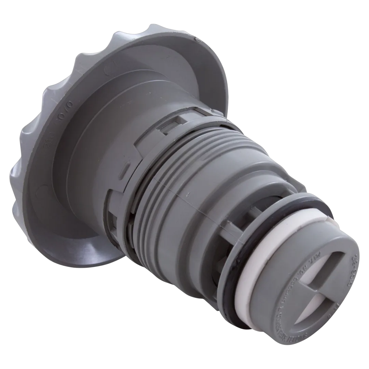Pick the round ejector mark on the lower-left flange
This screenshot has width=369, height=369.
[x=43, y=188]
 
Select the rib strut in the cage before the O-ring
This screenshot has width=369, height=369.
[x=229, y=232]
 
